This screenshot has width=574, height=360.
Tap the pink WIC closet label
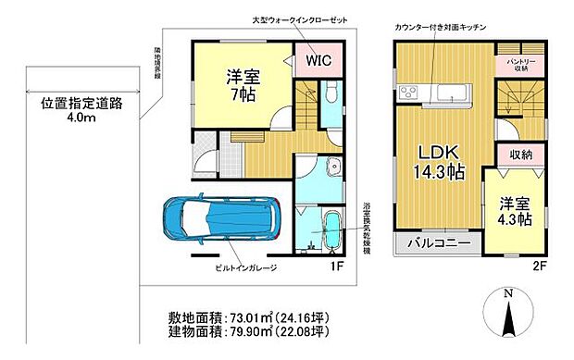pyautogui.click(x=317, y=62)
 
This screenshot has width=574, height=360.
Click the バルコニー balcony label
pyautogui.click(x=437, y=244)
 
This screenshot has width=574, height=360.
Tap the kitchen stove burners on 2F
pyautogui.click(x=409, y=91)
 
